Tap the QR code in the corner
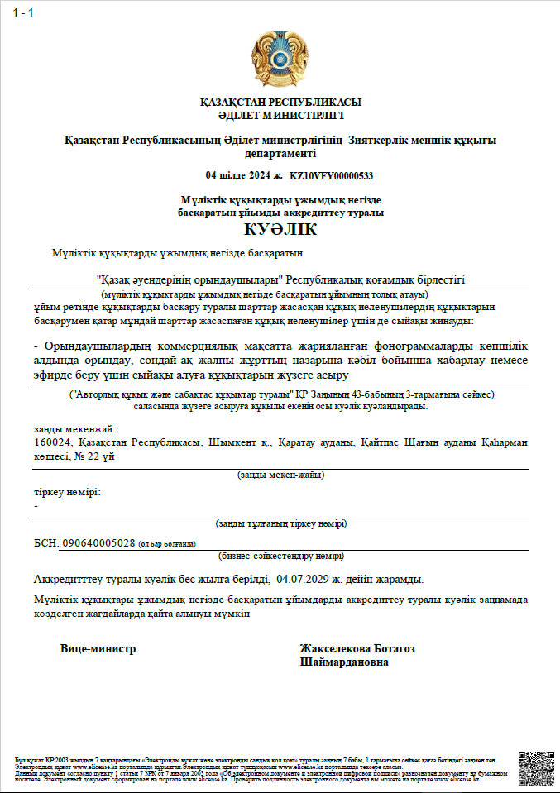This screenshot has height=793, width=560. [x=535, y=767]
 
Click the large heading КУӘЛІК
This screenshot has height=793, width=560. [x=280, y=230]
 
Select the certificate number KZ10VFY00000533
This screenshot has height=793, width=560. [x=331, y=175]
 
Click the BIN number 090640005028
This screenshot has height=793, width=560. [x=98, y=543]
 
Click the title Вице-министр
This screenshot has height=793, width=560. [x=98, y=649]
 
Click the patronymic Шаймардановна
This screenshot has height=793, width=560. [x=344, y=662]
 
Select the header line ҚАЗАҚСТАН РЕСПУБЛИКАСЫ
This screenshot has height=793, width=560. [x=280, y=103]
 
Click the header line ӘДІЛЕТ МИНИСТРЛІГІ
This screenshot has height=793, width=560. [x=280, y=114]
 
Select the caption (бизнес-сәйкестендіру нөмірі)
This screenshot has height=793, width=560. [x=280, y=557]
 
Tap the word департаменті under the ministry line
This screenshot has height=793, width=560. [x=280, y=154]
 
